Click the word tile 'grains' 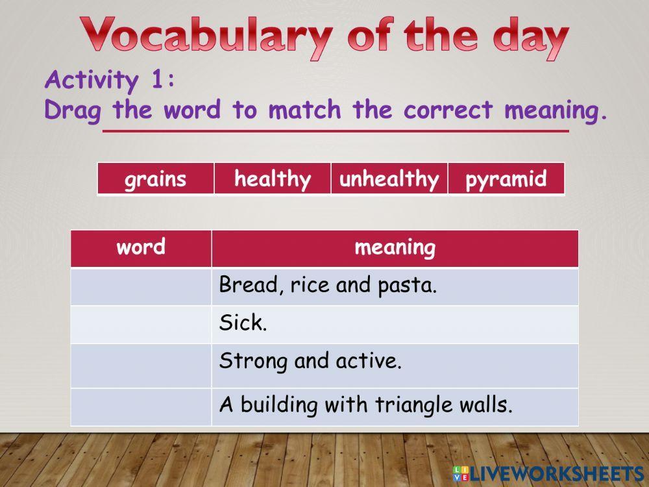pyautogui.click(x=156, y=179)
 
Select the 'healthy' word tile pyautogui.click(x=273, y=179)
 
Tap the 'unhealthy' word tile pyautogui.click(x=389, y=179)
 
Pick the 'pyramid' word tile pyautogui.click(x=506, y=179)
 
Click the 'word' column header pyautogui.click(x=141, y=248)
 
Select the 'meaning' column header pyautogui.click(x=395, y=248)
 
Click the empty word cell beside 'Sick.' pyautogui.click(x=141, y=324)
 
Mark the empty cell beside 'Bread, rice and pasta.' pyautogui.click(x=141, y=286)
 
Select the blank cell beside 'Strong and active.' pyautogui.click(x=141, y=366)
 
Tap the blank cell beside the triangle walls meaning pyautogui.click(x=141, y=406)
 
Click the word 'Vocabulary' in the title pyautogui.click(x=206, y=36)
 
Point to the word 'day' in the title pyautogui.click(x=531, y=38)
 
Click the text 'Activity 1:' pyautogui.click(x=110, y=80)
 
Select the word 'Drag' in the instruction pyautogui.click(x=73, y=111)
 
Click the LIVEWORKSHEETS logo pyautogui.click(x=549, y=473)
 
